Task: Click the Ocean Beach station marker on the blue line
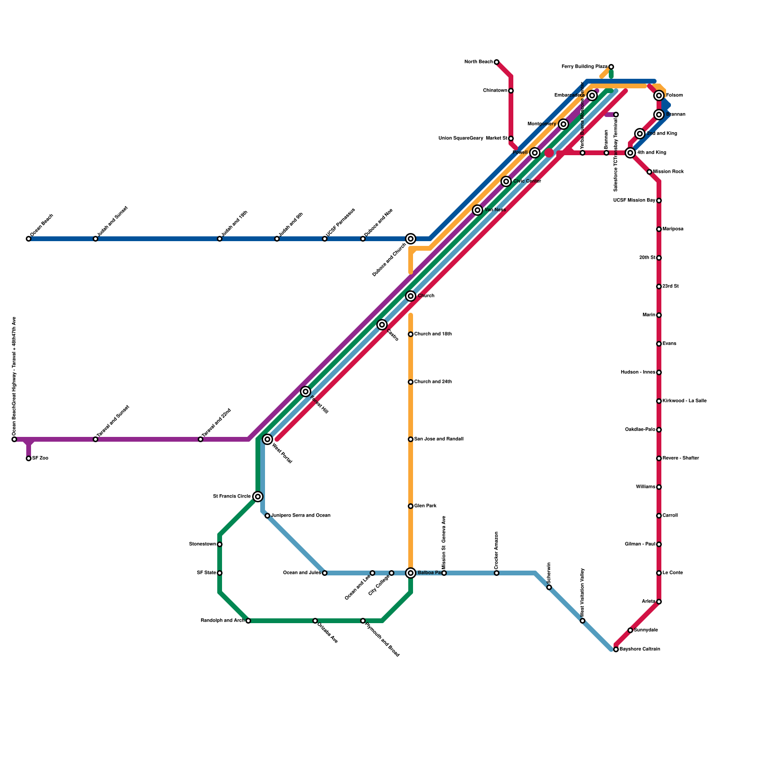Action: pos(29,239)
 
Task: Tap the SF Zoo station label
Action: pos(40,458)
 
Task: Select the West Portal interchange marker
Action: pos(267,439)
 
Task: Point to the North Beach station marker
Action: pos(497,62)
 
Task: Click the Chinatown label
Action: pos(495,91)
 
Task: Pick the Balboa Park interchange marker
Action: pos(411,573)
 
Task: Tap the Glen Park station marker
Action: pos(411,506)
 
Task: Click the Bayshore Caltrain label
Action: pos(640,649)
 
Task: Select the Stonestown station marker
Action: pos(220,544)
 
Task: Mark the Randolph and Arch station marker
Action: pos(248,621)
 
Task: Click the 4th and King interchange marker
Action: pos(630,153)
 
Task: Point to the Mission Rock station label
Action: pos(668,172)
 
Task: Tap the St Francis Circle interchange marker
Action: pos(258,497)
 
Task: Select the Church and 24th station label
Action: pos(433,382)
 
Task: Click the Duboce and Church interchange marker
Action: pos(411,239)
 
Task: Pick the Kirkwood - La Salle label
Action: pos(685,401)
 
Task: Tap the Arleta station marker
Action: pos(659,602)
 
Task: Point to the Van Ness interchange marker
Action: pos(477,210)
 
